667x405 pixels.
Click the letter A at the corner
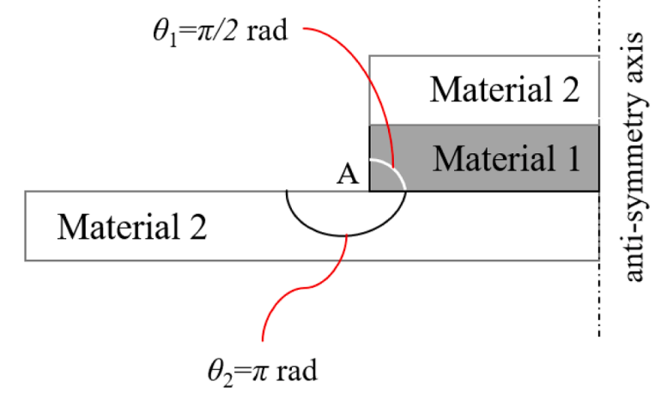pos(348,175)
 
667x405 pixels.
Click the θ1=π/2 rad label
pos(221,32)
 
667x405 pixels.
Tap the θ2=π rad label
pos(263,371)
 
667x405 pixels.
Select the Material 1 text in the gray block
pos(506,158)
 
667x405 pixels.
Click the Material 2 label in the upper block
pos(505,89)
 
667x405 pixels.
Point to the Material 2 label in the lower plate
pos(132,227)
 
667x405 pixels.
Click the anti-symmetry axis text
pos(634,156)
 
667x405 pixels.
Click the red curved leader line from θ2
pos(305,288)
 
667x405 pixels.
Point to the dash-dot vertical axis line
pos(599,169)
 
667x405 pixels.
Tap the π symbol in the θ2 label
pos(259,371)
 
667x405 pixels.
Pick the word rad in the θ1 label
pos(267,31)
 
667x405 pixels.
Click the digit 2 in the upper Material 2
pos(572,89)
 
